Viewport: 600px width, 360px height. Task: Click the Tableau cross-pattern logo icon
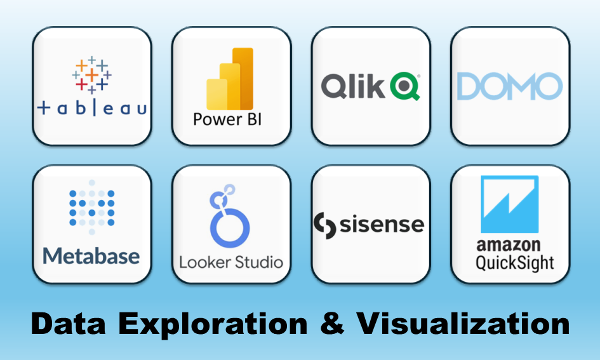coord(92,76)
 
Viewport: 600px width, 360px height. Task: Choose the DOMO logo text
coord(510,86)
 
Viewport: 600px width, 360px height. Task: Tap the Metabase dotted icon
coord(92,204)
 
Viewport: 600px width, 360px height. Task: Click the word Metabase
coord(91,256)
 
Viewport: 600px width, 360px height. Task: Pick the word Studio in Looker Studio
coord(257,262)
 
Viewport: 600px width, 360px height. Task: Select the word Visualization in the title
coord(462,324)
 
